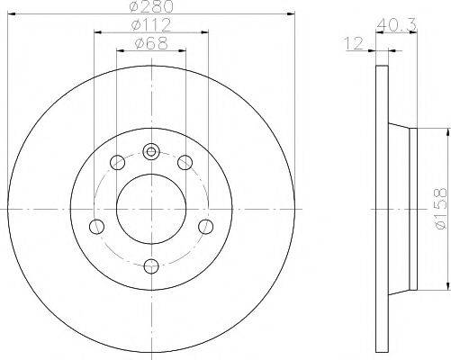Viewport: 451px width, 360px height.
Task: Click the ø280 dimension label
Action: click(x=152, y=7)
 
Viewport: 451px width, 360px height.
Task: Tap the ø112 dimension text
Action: click(x=151, y=25)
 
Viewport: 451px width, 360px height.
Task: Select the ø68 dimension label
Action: click(x=151, y=44)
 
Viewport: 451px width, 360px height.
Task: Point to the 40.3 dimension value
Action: click(x=396, y=25)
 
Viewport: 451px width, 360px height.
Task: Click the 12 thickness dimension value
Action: click(x=354, y=44)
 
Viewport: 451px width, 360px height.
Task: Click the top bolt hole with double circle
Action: click(x=151, y=152)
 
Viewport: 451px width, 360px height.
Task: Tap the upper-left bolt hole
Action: click(x=118, y=163)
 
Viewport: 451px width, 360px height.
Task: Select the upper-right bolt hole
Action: click(x=185, y=163)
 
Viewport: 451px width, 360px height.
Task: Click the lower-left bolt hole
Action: click(x=96, y=227)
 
